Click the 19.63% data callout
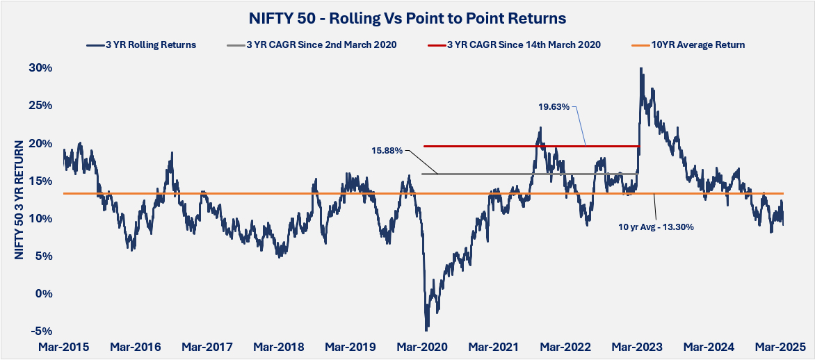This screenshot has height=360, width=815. click(x=554, y=107)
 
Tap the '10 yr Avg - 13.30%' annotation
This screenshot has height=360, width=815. click(x=654, y=226)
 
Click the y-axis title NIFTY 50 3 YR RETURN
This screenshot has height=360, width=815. click(x=19, y=199)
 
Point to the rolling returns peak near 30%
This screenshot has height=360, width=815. click(x=640, y=69)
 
